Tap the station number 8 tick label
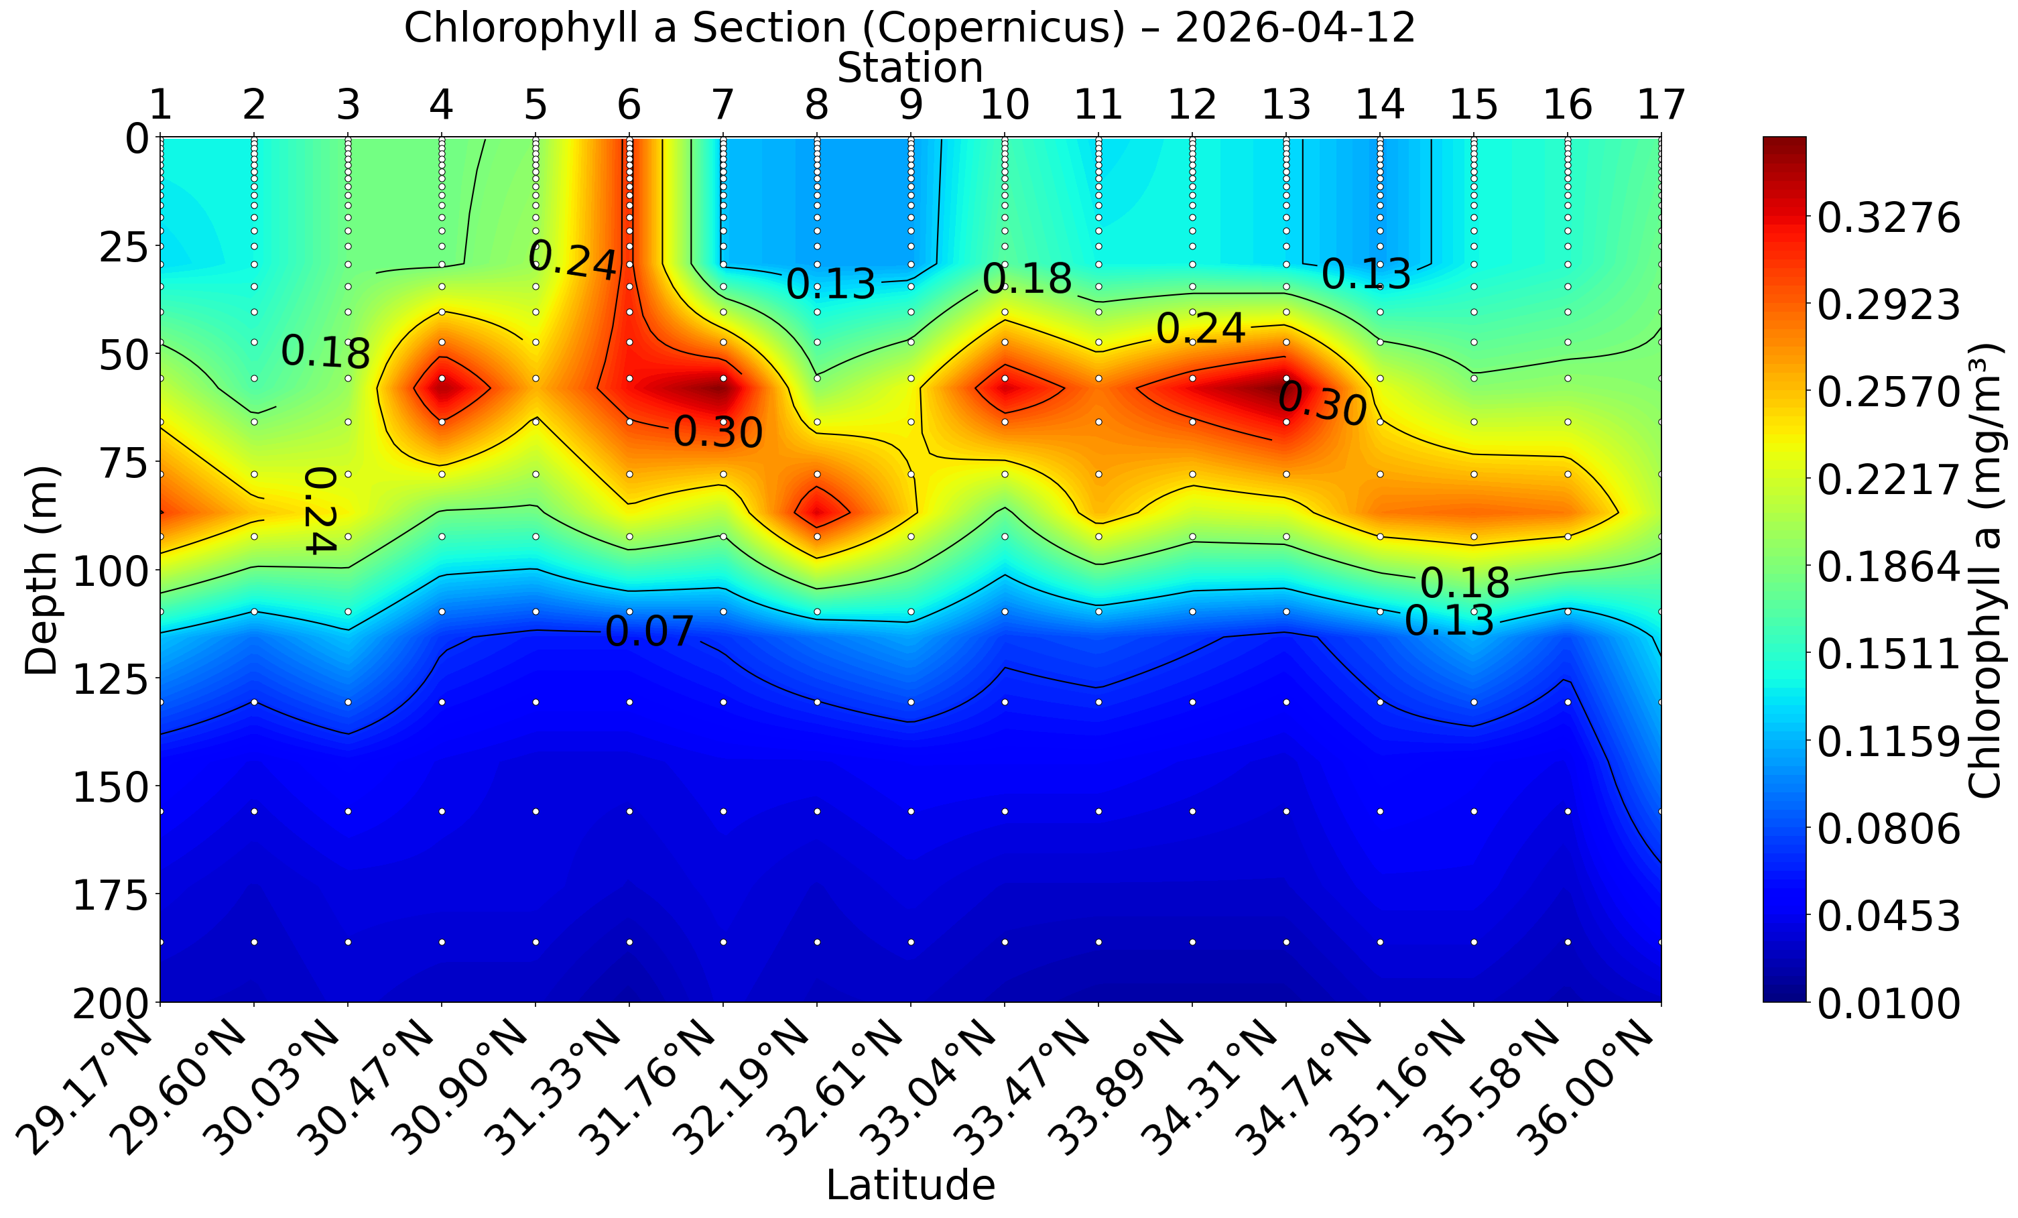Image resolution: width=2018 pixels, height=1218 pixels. click(x=816, y=105)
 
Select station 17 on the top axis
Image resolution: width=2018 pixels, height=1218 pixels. click(x=1661, y=105)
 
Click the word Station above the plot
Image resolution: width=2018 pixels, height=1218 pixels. click(x=910, y=68)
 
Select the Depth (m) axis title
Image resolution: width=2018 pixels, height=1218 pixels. click(x=41, y=571)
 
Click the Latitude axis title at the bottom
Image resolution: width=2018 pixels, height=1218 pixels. click(x=910, y=1185)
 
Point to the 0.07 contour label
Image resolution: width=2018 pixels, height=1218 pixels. click(x=649, y=631)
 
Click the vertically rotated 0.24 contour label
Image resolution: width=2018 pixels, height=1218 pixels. click(x=320, y=510)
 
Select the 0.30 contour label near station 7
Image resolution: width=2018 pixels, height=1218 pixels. click(x=718, y=432)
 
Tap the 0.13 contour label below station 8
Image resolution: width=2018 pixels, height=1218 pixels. click(x=830, y=284)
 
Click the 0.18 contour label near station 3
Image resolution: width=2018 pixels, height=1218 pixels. click(x=325, y=352)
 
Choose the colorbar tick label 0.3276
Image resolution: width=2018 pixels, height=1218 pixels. click(x=1889, y=219)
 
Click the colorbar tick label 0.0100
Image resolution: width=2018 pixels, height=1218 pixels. click(x=1889, y=1003)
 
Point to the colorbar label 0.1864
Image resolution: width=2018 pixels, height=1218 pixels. click(x=1889, y=567)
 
